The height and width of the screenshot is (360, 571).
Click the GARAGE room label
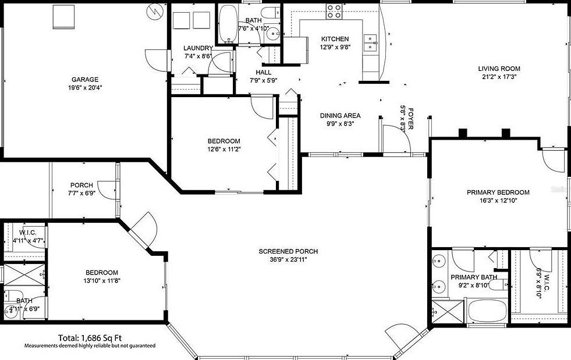point(84,80)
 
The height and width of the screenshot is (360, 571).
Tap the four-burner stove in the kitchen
point(334,10)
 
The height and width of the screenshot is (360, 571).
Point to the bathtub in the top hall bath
point(227,24)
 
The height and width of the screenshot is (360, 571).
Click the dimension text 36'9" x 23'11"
point(288,260)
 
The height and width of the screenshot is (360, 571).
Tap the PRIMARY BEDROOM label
point(498,193)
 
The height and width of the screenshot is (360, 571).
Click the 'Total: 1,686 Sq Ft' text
point(90,337)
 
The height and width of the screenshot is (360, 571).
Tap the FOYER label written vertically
point(410,118)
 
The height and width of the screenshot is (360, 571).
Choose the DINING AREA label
point(340,115)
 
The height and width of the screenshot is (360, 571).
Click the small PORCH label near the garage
point(81,186)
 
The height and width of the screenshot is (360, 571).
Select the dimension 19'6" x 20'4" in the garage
point(84,88)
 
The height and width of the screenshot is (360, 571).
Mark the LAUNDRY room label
point(198,48)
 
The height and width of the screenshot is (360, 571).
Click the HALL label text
point(263,73)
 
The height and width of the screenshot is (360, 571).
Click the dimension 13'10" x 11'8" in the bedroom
point(102,280)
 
